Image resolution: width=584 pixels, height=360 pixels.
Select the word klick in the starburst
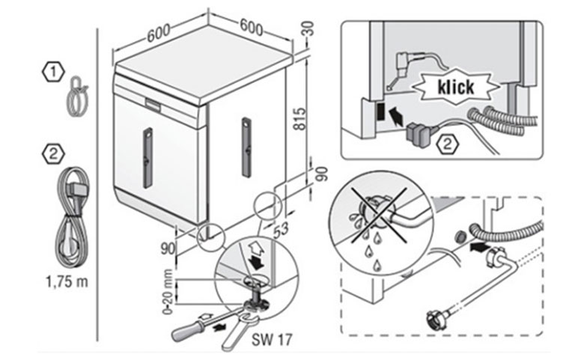coord(453,86)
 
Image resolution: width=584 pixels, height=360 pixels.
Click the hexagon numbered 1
coord(52,71)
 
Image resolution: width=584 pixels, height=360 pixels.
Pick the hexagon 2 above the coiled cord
coord(52,155)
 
